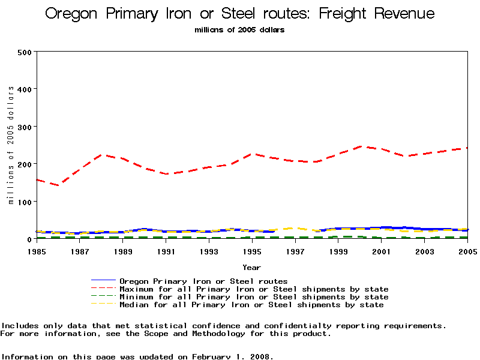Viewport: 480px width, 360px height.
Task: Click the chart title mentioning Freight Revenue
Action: [240, 14]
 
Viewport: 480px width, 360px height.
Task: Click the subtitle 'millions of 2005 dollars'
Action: [239, 30]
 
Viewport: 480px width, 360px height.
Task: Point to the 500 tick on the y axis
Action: [24, 52]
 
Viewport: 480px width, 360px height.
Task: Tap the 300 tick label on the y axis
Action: [24, 127]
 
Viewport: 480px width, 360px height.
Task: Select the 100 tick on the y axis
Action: [24, 202]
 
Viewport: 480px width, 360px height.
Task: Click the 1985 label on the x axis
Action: [37, 251]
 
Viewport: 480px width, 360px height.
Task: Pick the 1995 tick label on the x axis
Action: [252, 251]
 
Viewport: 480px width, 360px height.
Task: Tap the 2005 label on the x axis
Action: [467, 251]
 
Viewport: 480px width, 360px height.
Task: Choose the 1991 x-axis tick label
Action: [166, 251]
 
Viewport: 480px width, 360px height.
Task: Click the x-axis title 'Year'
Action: [251, 267]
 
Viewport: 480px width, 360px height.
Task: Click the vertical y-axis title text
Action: [11, 145]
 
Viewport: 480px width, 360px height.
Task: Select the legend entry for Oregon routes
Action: [203, 281]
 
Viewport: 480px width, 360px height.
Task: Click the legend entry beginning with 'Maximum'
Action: [254, 289]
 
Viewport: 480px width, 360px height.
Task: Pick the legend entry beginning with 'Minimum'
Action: [254, 297]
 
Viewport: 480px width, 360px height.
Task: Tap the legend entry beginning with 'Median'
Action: [251, 305]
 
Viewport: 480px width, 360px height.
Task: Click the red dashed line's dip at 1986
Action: [59, 185]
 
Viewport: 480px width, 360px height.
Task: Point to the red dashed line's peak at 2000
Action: [359, 146]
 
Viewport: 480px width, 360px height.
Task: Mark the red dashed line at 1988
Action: [101, 155]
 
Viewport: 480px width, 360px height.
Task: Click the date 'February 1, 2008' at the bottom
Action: [232, 356]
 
